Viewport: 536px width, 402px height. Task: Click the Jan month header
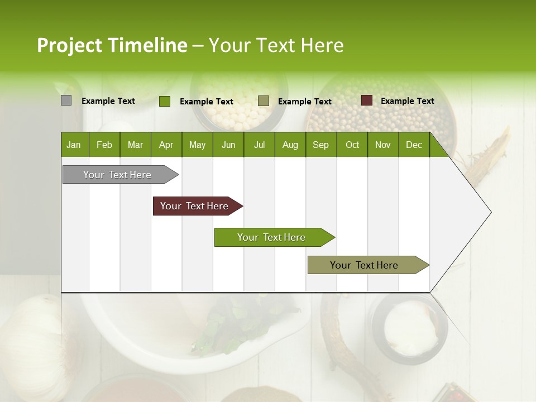pos(74,145)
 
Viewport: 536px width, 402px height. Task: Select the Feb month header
pos(104,145)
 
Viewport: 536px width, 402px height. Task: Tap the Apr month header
pos(166,145)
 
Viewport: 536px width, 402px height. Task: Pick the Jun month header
pos(228,145)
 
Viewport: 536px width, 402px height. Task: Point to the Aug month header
pos(290,145)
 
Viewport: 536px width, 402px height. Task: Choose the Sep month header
pos(320,145)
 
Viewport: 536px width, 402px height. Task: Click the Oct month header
pos(352,145)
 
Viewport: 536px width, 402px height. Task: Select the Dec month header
pos(414,145)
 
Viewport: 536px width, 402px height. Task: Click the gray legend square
pos(66,100)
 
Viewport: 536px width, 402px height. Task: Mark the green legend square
pos(164,101)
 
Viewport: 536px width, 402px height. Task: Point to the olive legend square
pos(264,101)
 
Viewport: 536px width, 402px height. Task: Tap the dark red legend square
pos(366,100)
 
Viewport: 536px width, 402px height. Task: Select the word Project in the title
pos(70,45)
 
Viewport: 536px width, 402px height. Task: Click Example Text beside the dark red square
pos(407,101)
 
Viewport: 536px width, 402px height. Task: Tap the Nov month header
pos(383,145)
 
